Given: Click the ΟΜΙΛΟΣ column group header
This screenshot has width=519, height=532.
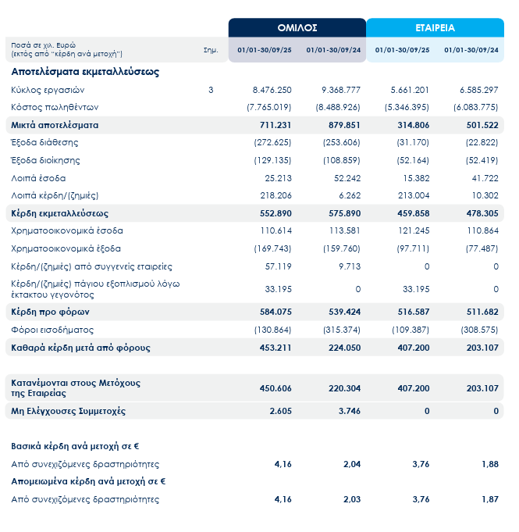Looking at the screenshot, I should coord(297,27).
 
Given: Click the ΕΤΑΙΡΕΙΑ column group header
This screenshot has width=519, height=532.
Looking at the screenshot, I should coord(435,27).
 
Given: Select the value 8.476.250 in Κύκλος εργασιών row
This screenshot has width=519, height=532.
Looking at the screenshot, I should coord(272,90).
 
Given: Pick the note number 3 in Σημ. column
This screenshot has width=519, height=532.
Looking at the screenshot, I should coord(211,90).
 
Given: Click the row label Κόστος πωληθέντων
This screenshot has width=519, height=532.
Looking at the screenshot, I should coord(44,107).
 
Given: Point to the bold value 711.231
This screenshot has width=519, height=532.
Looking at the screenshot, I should coord(275,125).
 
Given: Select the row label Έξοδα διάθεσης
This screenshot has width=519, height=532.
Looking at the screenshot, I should coord(40,142).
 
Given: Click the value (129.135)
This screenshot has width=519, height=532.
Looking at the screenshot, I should coord(273,160).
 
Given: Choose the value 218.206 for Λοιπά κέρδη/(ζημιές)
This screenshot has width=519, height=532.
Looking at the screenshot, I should coord(276,195).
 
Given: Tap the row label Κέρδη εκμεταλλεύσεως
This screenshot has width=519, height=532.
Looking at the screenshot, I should coord(59,213).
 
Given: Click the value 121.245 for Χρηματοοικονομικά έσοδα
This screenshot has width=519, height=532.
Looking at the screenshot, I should coord(413,230).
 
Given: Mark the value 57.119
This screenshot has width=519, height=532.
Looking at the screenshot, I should coord(279,266).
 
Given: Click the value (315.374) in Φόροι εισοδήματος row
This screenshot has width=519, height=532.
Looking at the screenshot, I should coord(342,330).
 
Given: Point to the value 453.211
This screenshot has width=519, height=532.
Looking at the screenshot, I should coord(275,348).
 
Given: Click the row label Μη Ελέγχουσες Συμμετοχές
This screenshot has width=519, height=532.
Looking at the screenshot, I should coord(68,411).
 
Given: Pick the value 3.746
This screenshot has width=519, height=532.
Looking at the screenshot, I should coord(348,411).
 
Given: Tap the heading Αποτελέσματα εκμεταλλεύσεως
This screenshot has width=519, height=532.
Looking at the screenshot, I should coord(85,71).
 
